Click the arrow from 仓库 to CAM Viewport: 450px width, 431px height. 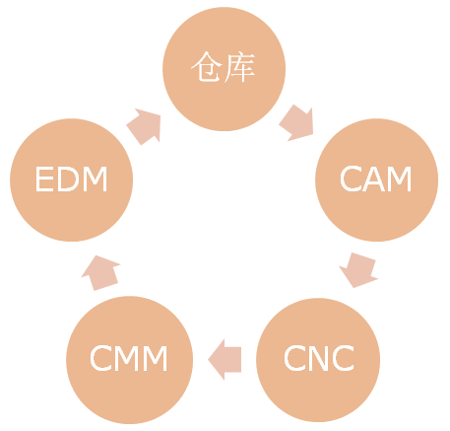297,123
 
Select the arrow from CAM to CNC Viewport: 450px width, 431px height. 358,270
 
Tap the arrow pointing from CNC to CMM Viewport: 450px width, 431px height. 225,360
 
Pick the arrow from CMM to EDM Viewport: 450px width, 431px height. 100,273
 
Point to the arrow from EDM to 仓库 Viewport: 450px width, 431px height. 145,126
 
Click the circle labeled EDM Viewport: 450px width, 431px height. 72,180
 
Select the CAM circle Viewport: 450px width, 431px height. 376,180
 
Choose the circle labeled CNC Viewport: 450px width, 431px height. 318,360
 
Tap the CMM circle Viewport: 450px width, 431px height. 129,360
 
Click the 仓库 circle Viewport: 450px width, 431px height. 225,69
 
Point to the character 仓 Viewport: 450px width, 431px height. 207,66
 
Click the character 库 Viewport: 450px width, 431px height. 239,67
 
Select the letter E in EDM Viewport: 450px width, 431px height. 44,179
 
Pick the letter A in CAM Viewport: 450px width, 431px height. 373,179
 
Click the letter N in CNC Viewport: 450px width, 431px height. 319,358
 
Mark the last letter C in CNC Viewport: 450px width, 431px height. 344,358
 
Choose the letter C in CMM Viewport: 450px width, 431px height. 100,358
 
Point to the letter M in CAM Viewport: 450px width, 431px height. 399,179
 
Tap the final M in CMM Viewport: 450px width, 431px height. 156,358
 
